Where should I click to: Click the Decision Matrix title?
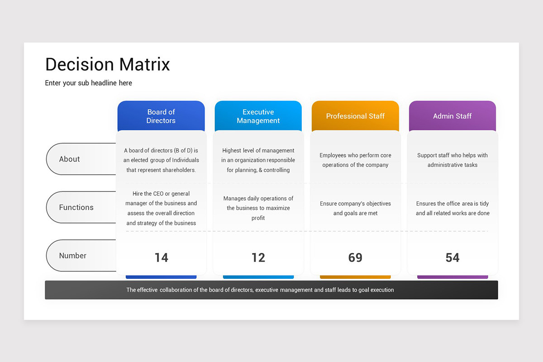click(x=108, y=64)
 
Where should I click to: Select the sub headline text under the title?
click(x=88, y=83)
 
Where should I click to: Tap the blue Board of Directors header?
click(x=161, y=116)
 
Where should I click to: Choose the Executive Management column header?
click(x=258, y=116)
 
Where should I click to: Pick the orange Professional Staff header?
click(x=355, y=116)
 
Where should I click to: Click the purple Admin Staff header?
click(x=452, y=116)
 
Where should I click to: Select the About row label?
click(x=70, y=159)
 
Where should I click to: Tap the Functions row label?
click(x=76, y=207)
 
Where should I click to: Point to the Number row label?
click(x=73, y=256)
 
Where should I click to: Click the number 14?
click(x=161, y=257)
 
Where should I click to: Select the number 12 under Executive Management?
click(x=258, y=257)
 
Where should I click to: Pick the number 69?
click(x=355, y=257)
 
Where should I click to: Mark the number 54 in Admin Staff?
click(x=452, y=257)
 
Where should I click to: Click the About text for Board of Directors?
click(x=161, y=160)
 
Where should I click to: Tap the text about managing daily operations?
click(x=258, y=208)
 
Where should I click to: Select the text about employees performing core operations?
click(x=355, y=160)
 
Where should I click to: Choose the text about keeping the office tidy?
click(x=452, y=208)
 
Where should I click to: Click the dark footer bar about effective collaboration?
click(x=271, y=290)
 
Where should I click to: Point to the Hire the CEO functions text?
click(x=161, y=208)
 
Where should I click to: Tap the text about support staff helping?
click(x=452, y=160)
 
